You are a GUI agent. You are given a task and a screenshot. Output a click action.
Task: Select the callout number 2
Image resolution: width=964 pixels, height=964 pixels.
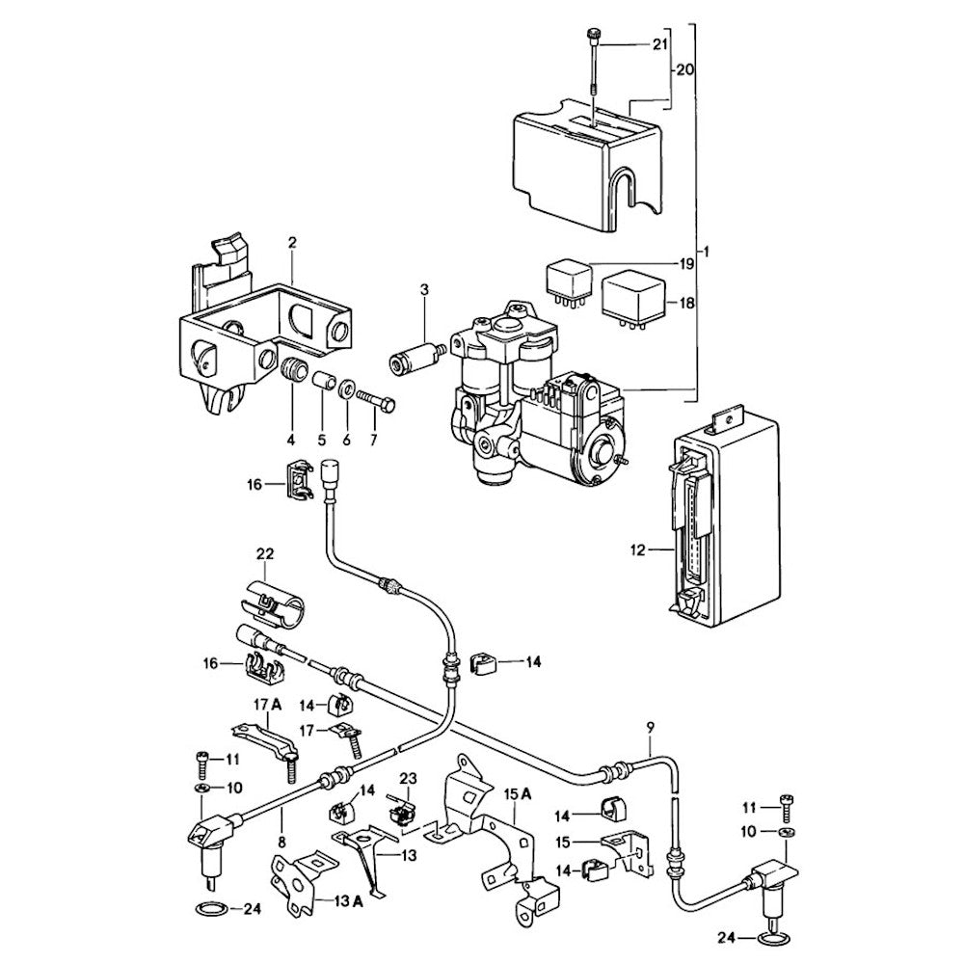tap(292, 244)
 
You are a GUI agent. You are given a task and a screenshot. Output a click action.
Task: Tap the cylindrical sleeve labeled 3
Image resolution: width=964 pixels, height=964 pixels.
tap(414, 365)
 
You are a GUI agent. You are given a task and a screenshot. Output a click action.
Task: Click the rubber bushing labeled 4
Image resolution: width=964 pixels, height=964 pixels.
tap(294, 370)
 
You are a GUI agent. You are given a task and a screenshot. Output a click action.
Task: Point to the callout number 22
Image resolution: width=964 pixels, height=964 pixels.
tap(265, 553)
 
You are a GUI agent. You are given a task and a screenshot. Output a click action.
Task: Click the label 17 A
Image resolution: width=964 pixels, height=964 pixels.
tap(267, 706)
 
